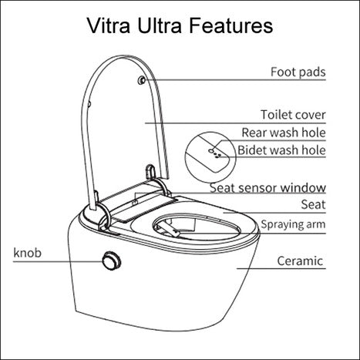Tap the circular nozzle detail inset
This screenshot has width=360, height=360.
click(211, 151)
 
